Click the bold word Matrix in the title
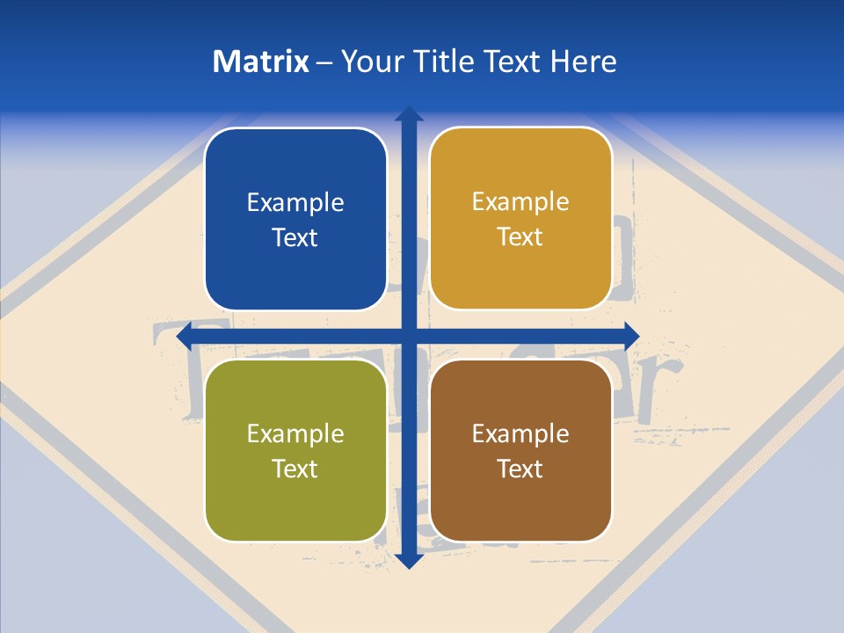click(x=261, y=62)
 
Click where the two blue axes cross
click(x=409, y=336)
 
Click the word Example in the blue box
click(x=295, y=203)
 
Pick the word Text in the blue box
click(x=295, y=237)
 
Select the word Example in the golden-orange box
click(x=520, y=202)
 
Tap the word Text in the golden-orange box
click(x=520, y=237)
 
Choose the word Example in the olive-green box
click(x=295, y=434)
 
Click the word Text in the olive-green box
click(x=295, y=469)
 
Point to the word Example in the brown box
click(x=520, y=434)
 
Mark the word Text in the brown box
click(x=520, y=469)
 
